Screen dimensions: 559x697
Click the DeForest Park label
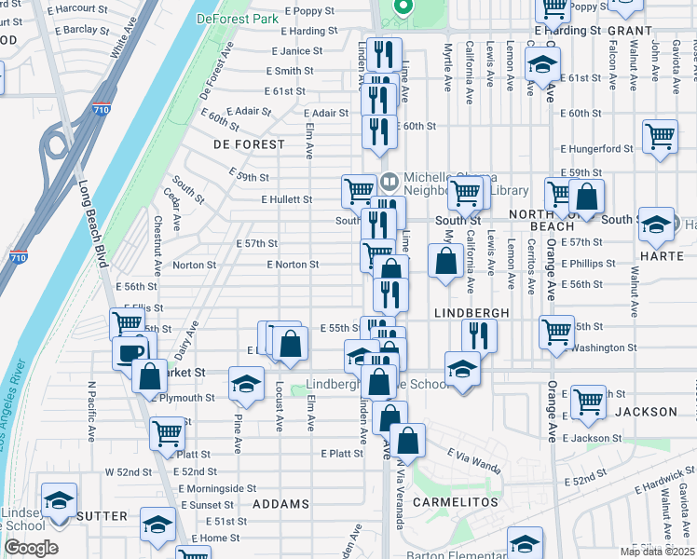(x=238, y=18)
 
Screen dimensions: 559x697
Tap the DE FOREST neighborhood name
(x=249, y=144)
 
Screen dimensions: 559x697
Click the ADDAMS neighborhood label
(x=280, y=504)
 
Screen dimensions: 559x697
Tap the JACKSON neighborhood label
(x=646, y=411)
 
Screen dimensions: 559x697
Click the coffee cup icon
(x=130, y=352)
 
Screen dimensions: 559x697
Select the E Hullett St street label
(x=286, y=199)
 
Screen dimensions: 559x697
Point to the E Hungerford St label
(x=596, y=149)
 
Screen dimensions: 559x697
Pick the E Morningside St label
(x=216, y=488)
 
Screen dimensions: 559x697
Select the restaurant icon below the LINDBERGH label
(x=479, y=334)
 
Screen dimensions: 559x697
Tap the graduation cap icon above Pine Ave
(x=246, y=384)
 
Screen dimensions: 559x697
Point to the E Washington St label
(x=600, y=348)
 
